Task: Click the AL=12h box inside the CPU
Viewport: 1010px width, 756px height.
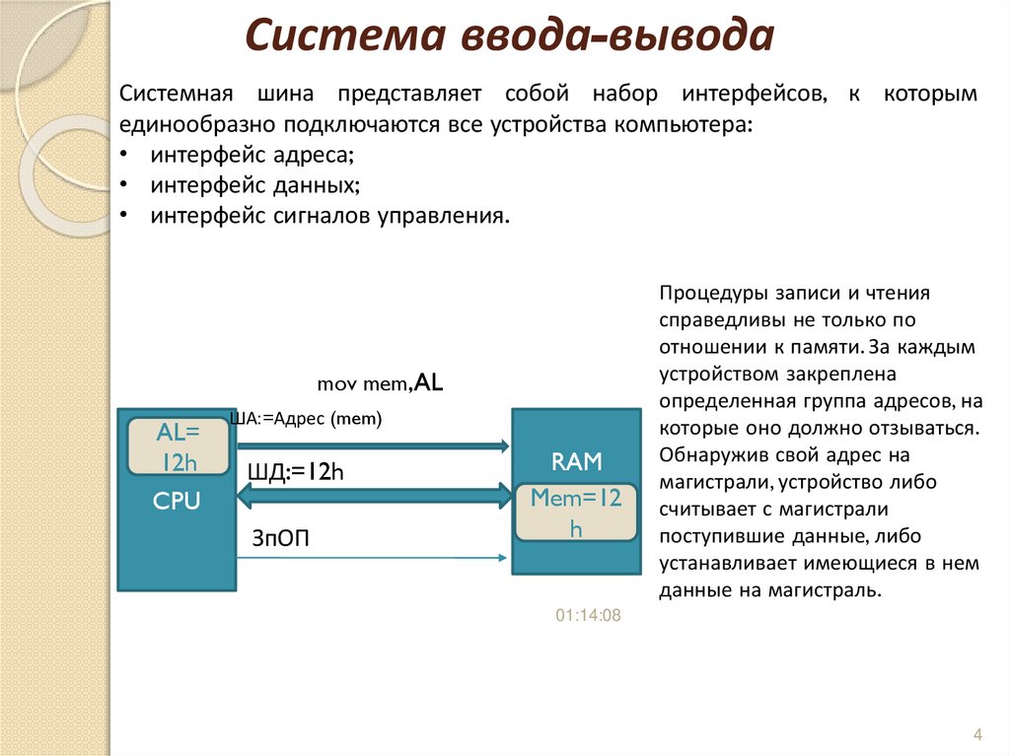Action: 179,446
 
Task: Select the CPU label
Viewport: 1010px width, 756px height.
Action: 177,502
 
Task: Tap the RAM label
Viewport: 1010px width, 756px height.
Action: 576,461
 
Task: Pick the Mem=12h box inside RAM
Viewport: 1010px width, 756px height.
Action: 576,513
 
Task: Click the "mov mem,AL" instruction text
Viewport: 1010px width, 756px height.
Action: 381,382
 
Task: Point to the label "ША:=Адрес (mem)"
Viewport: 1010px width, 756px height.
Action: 306,419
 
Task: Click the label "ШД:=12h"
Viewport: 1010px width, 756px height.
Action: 295,472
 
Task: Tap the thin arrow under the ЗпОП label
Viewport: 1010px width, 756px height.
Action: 375,559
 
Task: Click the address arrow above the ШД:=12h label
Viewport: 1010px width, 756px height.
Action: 375,447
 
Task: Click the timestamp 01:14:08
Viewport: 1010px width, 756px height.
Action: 588,615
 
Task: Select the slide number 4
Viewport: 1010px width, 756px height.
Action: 977,735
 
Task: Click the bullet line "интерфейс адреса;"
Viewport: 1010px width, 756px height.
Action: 252,155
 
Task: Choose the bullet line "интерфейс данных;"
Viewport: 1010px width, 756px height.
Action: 253,185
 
